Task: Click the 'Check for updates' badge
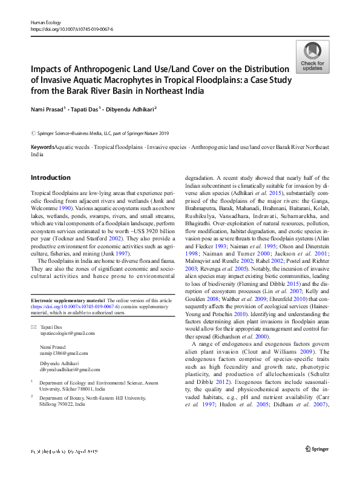[312, 58]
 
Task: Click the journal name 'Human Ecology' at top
[45, 22]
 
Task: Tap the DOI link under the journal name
[71, 28]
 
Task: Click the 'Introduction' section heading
[50, 177]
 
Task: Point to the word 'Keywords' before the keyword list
[42, 147]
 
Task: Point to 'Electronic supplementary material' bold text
[67, 300]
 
